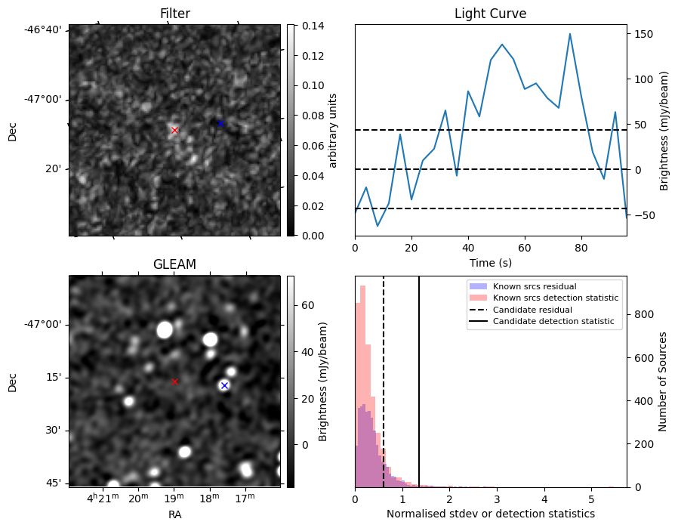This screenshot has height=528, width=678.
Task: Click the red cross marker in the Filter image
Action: click(174, 130)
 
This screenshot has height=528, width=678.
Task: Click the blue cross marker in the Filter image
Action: click(220, 123)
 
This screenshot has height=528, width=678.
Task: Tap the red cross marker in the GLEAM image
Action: click(174, 381)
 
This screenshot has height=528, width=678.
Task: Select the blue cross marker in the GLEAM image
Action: click(224, 385)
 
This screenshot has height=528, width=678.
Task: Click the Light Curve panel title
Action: click(490, 14)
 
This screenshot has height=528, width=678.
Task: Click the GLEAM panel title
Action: click(174, 264)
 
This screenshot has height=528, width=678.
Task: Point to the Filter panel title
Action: click(174, 14)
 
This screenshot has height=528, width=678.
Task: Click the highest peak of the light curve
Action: click(569, 33)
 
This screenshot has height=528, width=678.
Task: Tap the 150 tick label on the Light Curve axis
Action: click(643, 34)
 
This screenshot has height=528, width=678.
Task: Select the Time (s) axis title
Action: click(490, 261)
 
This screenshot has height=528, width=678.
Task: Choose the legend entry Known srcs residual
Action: click(535, 286)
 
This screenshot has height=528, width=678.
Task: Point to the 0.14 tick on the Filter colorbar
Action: click(307, 26)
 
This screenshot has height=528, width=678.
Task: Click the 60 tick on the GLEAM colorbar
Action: click(307, 305)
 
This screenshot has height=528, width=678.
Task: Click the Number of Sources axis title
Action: click(662, 381)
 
